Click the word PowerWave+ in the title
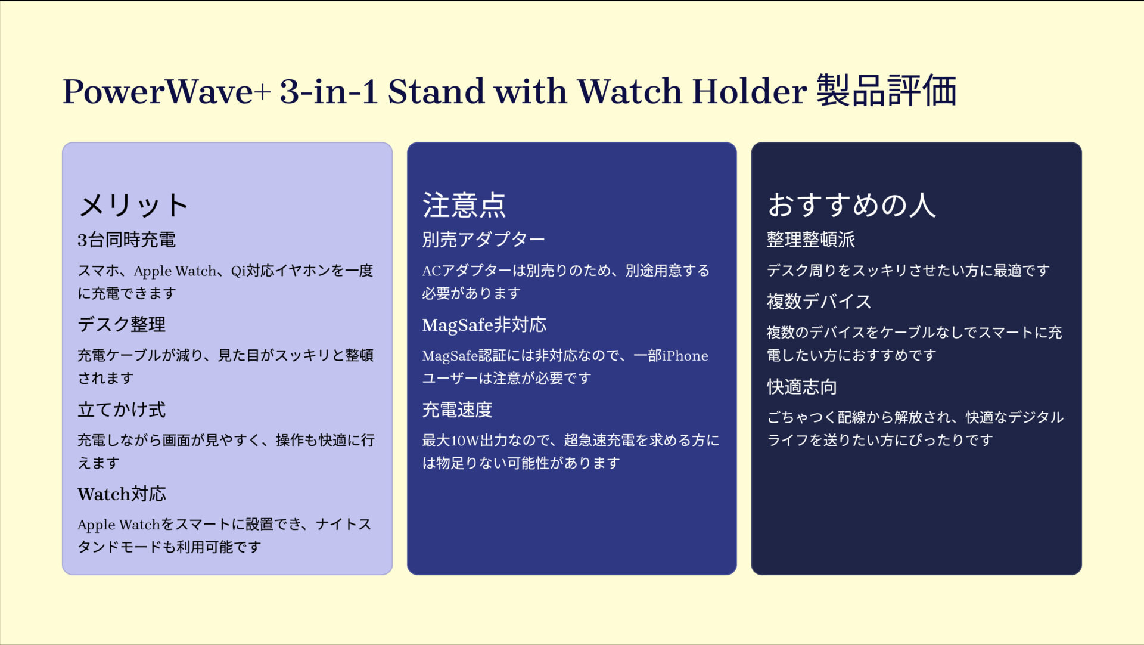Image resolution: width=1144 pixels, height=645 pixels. click(x=167, y=92)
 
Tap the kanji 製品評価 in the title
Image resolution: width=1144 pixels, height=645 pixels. click(x=886, y=91)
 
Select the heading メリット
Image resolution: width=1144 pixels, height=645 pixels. click(x=133, y=205)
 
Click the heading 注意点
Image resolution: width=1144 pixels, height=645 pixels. click(x=464, y=205)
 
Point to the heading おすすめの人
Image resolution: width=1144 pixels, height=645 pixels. click(x=851, y=205)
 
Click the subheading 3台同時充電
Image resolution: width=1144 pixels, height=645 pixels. click(x=126, y=240)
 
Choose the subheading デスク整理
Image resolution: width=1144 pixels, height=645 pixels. click(x=122, y=324)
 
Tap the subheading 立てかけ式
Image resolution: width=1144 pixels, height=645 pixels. click(x=122, y=410)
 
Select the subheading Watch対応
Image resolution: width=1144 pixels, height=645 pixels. click(x=122, y=494)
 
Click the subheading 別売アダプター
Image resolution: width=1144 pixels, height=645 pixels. click(x=483, y=240)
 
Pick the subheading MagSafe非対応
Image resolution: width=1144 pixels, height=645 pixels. click(x=484, y=325)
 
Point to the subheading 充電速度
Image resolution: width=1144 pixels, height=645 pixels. click(x=457, y=410)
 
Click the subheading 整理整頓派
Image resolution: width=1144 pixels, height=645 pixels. click(x=810, y=240)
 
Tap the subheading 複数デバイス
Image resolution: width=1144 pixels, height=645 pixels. click(x=819, y=302)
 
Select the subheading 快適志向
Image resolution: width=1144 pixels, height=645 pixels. click(x=801, y=387)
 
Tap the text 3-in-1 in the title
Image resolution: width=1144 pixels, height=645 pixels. click(x=328, y=92)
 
